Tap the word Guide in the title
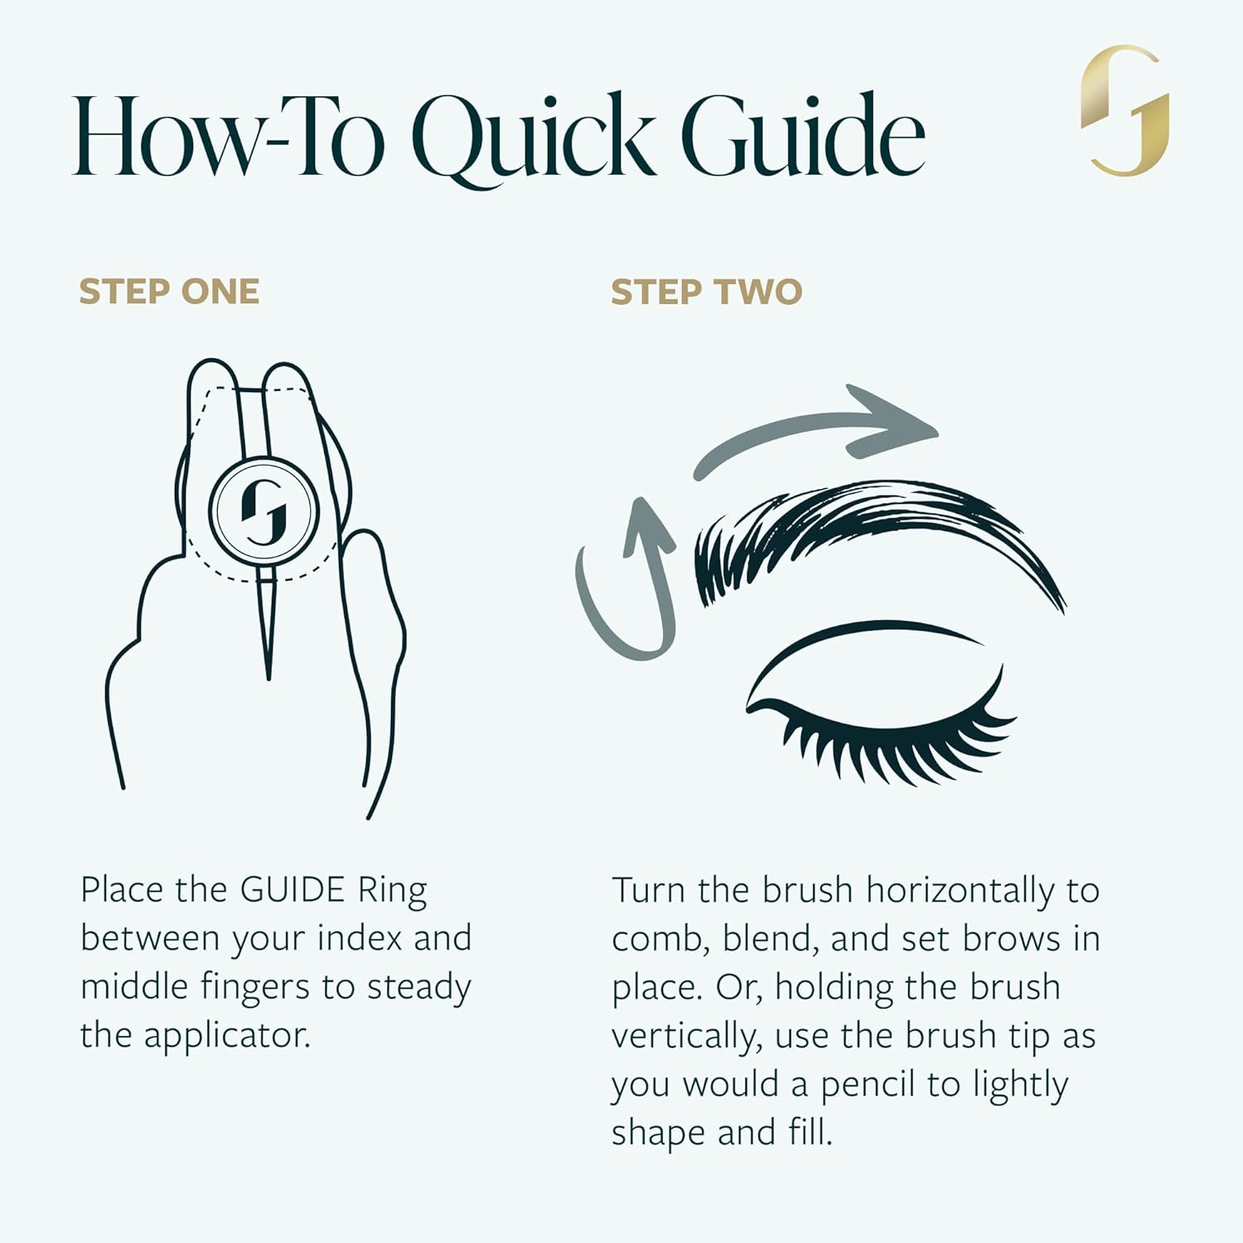point(802,136)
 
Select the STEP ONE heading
point(169,292)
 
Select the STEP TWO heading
point(706,292)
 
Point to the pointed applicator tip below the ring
point(267,630)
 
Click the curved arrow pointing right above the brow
point(820,431)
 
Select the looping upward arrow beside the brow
point(630,580)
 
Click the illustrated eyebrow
point(870,530)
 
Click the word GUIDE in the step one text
point(292,890)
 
